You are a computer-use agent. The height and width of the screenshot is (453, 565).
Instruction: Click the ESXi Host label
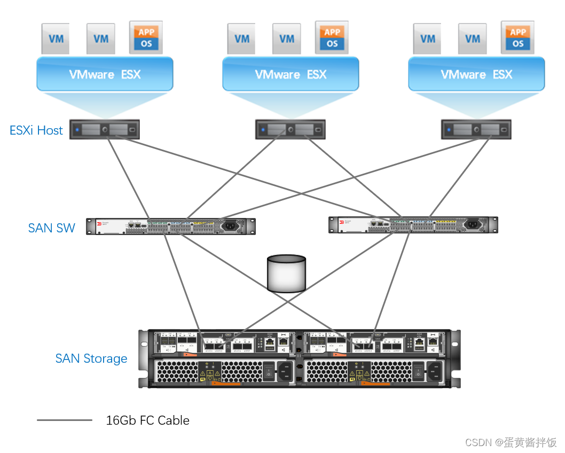pyautogui.click(x=36, y=130)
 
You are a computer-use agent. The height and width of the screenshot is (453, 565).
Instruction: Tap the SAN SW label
pyautogui.click(x=51, y=228)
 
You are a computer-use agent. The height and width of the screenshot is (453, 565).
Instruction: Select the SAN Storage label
pyautogui.click(x=91, y=358)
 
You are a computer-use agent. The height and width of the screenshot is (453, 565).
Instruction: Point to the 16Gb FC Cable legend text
pyautogui.click(x=147, y=420)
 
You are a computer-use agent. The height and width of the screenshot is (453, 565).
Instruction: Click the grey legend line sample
pyautogui.click(x=65, y=420)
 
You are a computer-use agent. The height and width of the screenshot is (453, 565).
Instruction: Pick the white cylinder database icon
pyautogui.click(x=287, y=274)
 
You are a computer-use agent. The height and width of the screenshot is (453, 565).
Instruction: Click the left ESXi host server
pyautogui.click(x=105, y=130)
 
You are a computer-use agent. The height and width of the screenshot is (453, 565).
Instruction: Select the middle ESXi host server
pyautogui.click(x=290, y=130)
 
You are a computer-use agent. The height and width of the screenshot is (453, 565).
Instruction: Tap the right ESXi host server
pyautogui.click(x=476, y=130)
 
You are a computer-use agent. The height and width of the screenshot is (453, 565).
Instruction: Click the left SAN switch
pyautogui.click(x=171, y=226)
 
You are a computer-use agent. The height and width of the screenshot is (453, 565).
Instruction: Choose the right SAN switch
pyautogui.click(x=413, y=225)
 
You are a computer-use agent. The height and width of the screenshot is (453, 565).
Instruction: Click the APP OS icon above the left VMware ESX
pyautogui.click(x=146, y=38)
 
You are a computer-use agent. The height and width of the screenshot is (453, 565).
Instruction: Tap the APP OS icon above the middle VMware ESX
pyautogui.click(x=332, y=38)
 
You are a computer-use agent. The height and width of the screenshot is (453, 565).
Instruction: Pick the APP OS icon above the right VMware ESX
pyautogui.click(x=517, y=38)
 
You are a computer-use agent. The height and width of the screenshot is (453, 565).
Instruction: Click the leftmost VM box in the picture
pyautogui.click(x=56, y=38)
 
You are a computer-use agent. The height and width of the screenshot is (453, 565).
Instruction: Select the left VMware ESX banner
pyautogui.click(x=105, y=74)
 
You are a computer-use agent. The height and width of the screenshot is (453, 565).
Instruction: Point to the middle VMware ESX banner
pyautogui.click(x=291, y=74)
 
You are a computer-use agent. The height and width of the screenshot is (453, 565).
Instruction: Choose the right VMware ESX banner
pyautogui.click(x=476, y=74)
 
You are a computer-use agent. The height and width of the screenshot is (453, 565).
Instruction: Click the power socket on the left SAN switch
pyautogui.click(x=230, y=226)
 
